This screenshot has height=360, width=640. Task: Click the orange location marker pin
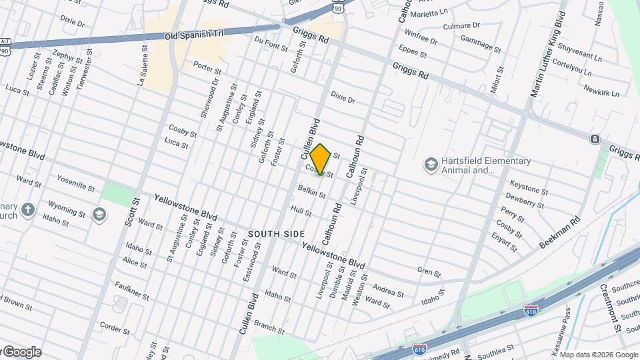(x=321, y=159)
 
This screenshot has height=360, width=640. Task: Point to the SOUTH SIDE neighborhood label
(x=277, y=234)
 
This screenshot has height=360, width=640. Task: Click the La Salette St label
(x=143, y=64)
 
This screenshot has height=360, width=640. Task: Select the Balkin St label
(x=312, y=193)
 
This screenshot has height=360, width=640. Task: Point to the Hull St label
(x=301, y=211)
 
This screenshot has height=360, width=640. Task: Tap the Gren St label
(x=429, y=272)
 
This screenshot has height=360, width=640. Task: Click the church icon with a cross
(x=27, y=210)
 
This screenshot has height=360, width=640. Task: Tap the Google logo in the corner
(x=22, y=352)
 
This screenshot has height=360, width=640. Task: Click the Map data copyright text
(x=598, y=355)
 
